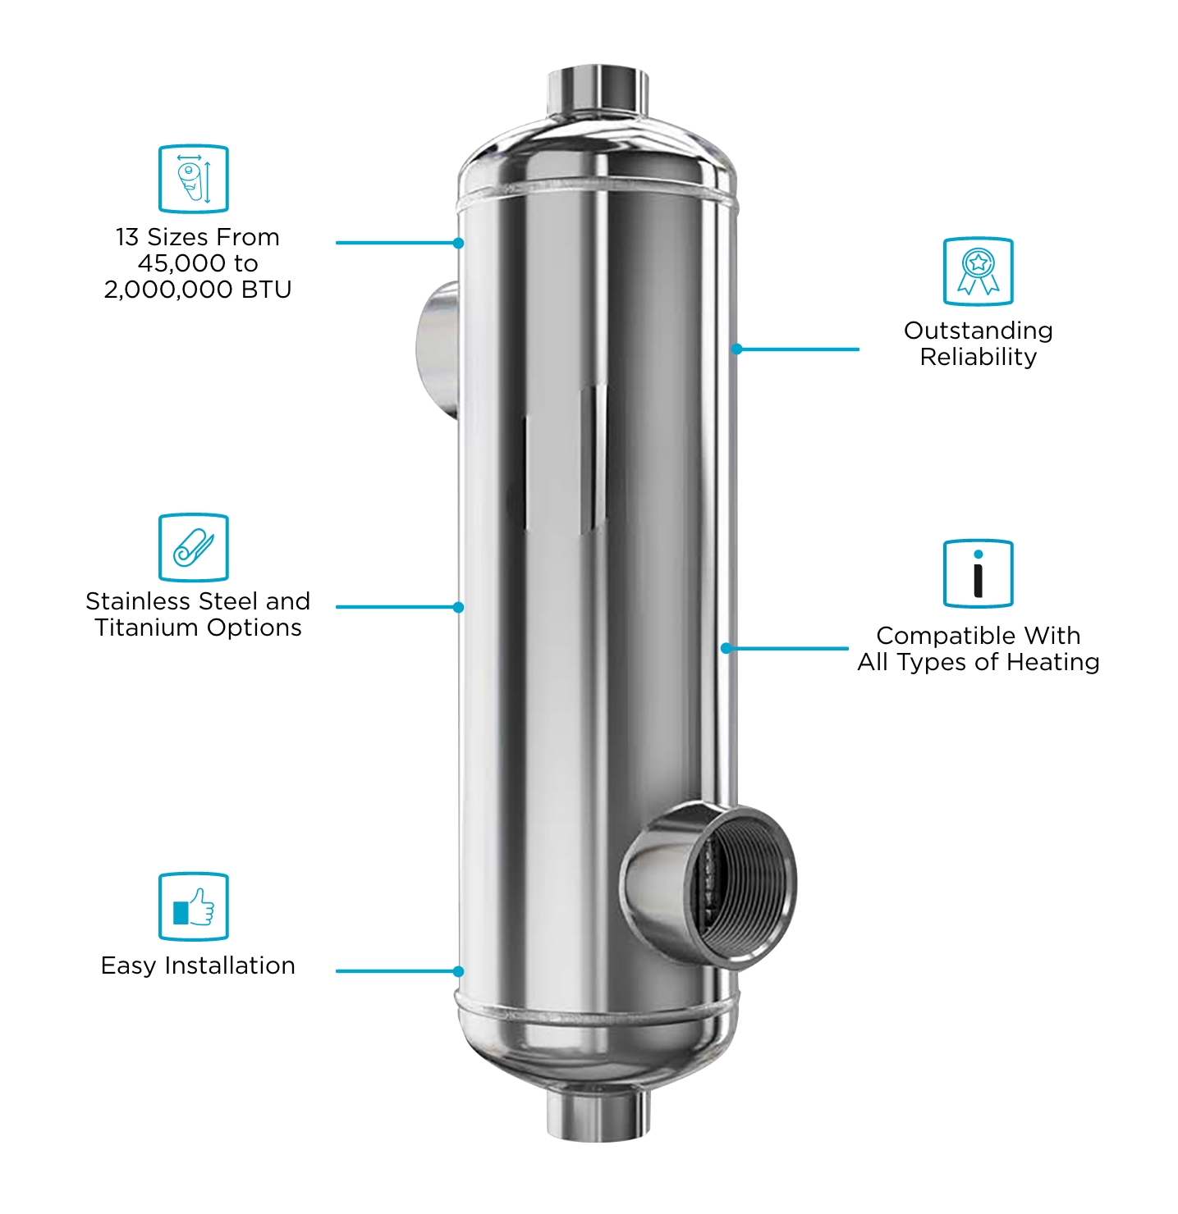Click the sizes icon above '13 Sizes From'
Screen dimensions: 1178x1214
coord(194,179)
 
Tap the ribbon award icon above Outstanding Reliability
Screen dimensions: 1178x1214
coord(978,272)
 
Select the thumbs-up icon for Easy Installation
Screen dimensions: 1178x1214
coord(194,906)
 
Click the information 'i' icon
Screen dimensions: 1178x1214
coord(978,573)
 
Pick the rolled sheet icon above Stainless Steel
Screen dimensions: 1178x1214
coord(194,547)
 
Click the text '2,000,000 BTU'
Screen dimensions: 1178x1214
coord(197,290)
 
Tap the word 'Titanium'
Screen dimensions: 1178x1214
coord(147,628)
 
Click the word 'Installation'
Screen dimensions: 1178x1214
coord(230,965)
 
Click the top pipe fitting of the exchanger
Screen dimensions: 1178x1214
coord(598,91)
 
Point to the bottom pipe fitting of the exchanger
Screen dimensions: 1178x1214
coord(598,1114)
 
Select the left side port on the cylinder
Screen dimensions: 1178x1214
coord(438,349)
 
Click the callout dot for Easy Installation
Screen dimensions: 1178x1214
coord(458,971)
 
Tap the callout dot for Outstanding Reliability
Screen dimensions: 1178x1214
coord(736,349)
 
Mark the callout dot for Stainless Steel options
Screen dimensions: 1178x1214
coord(458,607)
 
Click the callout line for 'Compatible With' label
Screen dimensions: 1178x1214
coord(786,649)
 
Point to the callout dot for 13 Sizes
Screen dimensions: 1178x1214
coord(458,243)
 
